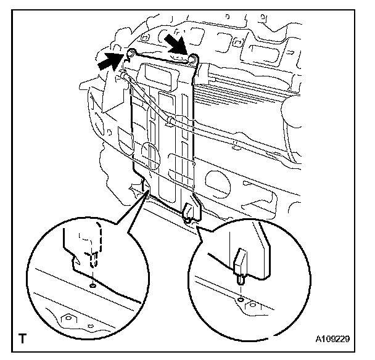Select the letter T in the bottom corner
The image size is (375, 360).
pyautogui.click(x=23, y=338)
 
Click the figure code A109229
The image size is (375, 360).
pyautogui.click(x=332, y=339)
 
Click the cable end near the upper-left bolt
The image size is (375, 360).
pyautogui.click(x=123, y=76)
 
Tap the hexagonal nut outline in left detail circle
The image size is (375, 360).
pyautogui.click(x=68, y=319)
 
